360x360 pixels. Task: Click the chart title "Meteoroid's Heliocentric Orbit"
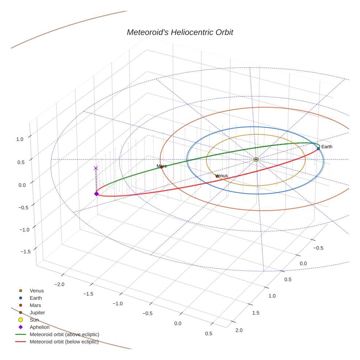(x=180, y=32)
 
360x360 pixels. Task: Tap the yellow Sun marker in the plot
(x=256, y=160)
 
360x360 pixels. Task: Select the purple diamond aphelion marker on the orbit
(x=96, y=194)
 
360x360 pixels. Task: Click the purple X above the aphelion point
(x=96, y=168)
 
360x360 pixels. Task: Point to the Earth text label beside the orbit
(x=327, y=147)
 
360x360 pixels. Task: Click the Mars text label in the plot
(x=162, y=166)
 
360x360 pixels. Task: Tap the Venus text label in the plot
(x=222, y=176)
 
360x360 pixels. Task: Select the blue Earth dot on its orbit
(x=318, y=149)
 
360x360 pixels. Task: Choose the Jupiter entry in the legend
(x=37, y=312)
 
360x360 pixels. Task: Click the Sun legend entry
(x=34, y=320)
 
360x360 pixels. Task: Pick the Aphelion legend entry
(x=40, y=327)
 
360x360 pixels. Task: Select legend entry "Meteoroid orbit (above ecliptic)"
(x=64, y=334)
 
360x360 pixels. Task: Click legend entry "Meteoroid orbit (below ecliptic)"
(x=64, y=342)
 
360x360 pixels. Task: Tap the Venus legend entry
(x=37, y=290)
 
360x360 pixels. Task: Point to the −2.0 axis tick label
(x=59, y=284)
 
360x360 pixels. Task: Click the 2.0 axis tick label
(x=239, y=330)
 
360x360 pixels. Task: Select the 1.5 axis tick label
(x=256, y=313)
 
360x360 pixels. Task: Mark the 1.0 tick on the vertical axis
(x=20, y=139)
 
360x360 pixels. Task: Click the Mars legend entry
(x=35, y=305)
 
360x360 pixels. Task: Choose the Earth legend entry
(x=36, y=298)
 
